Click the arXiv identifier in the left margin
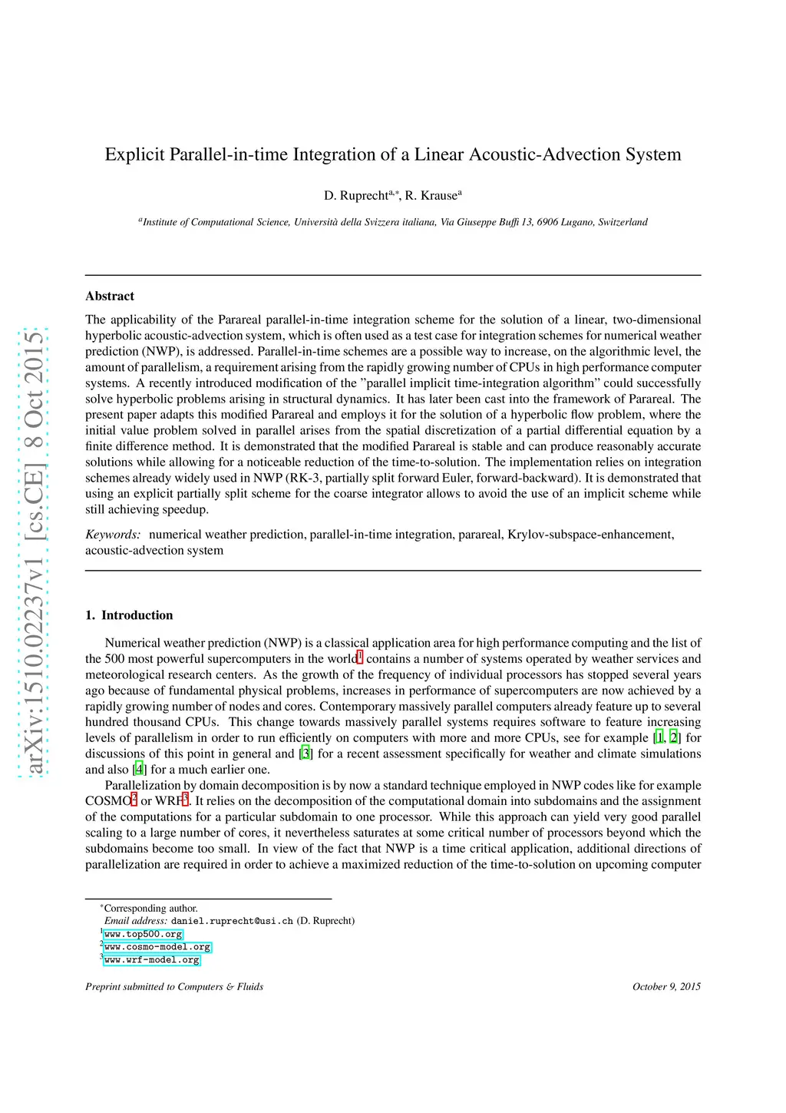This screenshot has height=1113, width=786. pyautogui.click(x=33, y=553)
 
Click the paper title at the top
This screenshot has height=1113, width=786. pyautogui.click(x=393, y=154)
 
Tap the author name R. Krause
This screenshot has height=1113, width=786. pyautogui.click(x=431, y=196)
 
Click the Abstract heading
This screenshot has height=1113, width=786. pyautogui.click(x=110, y=296)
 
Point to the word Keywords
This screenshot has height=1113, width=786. pyautogui.click(x=113, y=535)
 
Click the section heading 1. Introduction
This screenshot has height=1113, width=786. pyautogui.click(x=129, y=615)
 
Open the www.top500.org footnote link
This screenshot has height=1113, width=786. pyautogui.click(x=144, y=935)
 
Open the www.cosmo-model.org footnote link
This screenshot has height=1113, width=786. pyautogui.click(x=157, y=947)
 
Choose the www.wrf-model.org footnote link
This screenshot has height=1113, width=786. pyautogui.click(x=152, y=960)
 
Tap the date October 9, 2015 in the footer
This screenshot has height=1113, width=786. pyautogui.click(x=666, y=987)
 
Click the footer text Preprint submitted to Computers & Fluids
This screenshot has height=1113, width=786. pyautogui.click(x=174, y=987)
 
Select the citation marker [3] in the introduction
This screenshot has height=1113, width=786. pyautogui.click(x=306, y=754)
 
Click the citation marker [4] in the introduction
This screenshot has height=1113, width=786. pyautogui.click(x=139, y=770)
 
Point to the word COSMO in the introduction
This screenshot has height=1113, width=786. pyautogui.click(x=107, y=801)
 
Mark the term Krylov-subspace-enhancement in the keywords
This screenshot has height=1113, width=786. pyautogui.click(x=590, y=535)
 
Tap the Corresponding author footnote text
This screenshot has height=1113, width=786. pyautogui.click(x=150, y=909)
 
